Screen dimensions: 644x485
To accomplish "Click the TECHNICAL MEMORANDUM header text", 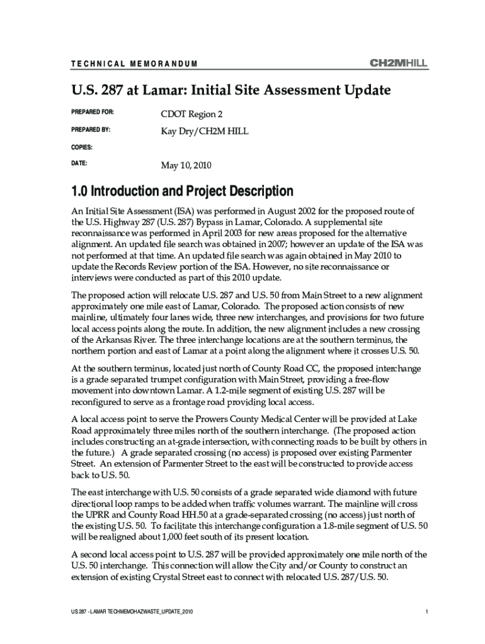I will pos(134,64).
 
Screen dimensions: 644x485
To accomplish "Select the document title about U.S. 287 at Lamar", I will pos(231,91).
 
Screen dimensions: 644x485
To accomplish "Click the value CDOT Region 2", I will pos(192,114).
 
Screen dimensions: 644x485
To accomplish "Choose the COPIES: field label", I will pos(82,147).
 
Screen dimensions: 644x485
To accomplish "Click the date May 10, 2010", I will pos(186,166).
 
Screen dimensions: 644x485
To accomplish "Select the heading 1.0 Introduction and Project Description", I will pos(183,191).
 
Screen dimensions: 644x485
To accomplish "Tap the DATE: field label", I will pos(79,163).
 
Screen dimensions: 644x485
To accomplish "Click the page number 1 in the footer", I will pos(426,612).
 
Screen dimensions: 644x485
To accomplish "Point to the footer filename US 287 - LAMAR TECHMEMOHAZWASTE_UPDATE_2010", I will pos(132,612).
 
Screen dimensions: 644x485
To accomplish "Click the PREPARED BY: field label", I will pos(92,130).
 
